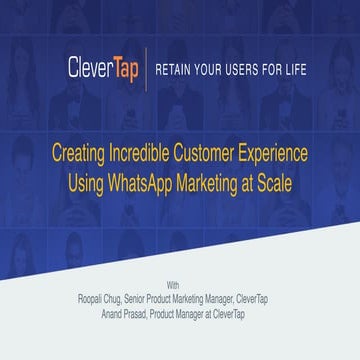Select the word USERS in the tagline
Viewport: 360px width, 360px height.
(250, 69)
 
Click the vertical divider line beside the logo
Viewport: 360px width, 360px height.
(148, 69)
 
